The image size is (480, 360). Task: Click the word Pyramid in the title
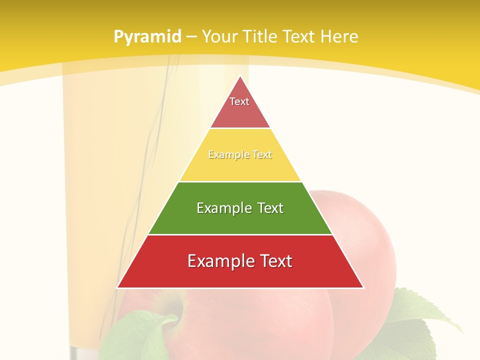(x=147, y=37)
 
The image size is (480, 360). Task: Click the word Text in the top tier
(x=239, y=101)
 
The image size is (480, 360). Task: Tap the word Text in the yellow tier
(x=262, y=155)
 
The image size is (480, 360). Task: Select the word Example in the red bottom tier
(x=219, y=261)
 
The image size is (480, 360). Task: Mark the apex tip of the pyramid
(x=240, y=76)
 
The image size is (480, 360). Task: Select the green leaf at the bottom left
(x=135, y=335)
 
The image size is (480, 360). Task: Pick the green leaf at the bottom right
(x=425, y=320)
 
